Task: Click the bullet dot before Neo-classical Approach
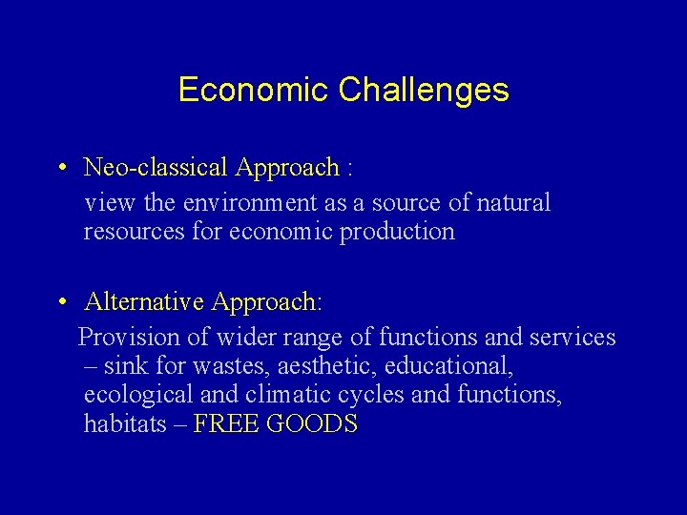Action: pyautogui.click(x=60, y=169)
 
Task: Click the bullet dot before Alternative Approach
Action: pyautogui.click(x=60, y=303)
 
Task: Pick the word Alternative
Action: pyautogui.click(x=144, y=302)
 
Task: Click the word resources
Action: pyautogui.click(x=129, y=232)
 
